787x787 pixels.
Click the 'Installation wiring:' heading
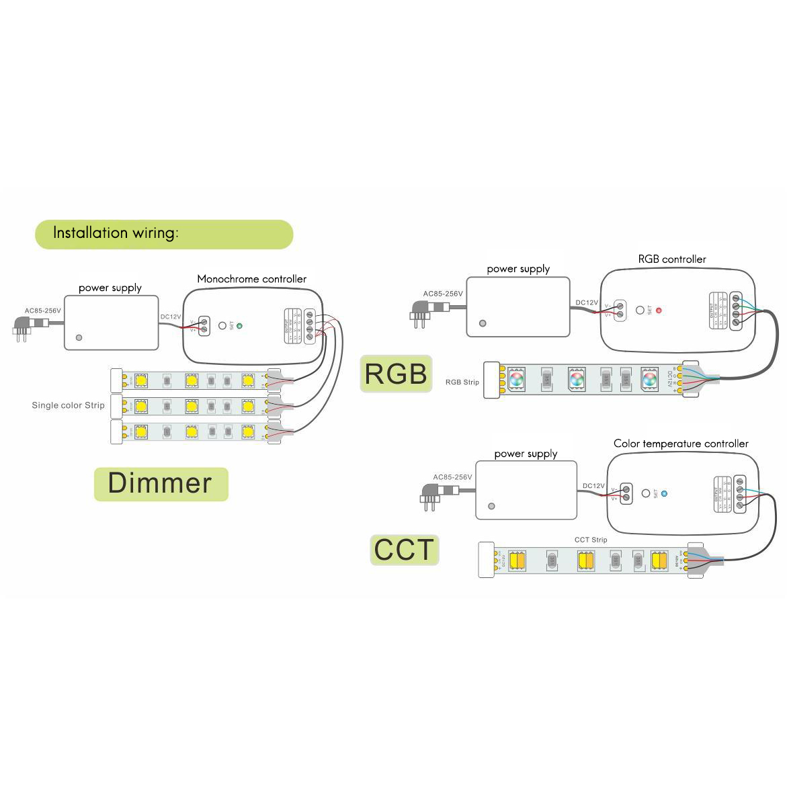pyautogui.click(x=116, y=233)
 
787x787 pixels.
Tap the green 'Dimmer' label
pyautogui.click(x=160, y=483)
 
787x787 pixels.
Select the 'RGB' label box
pyautogui.click(x=396, y=374)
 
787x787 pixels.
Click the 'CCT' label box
pyautogui.click(x=404, y=549)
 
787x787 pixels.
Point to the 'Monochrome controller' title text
pyautogui.click(x=251, y=279)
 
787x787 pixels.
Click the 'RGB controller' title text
pyautogui.click(x=671, y=259)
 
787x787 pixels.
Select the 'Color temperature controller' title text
pyautogui.click(x=680, y=444)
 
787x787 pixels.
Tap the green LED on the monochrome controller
pyautogui.click(x=239, y=326)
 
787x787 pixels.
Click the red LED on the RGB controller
pyautogui.click(x=659, y=310)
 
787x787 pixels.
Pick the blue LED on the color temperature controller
pyautogui.click(x=665, y=493)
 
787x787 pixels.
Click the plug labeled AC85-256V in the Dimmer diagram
pyautogui.click(x=27, y=327)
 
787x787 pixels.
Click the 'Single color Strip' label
pyautogui.click(x=68, y=405)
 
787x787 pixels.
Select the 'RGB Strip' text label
pyautogui.click(x=462, y=382)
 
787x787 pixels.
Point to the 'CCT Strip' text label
pyautogui.click(x=590, y=540)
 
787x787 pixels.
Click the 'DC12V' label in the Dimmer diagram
pyautogui.click(x=171, y=317)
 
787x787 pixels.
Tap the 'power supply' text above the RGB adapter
pyautogui.click(x=518, y=269)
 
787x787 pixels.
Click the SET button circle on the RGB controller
pyautogui.click(x=640, y=310)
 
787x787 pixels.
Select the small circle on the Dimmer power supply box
pyautogui.click(x=79, y=337)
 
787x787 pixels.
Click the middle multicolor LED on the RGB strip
pyautogui.click(x=576, y=378)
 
